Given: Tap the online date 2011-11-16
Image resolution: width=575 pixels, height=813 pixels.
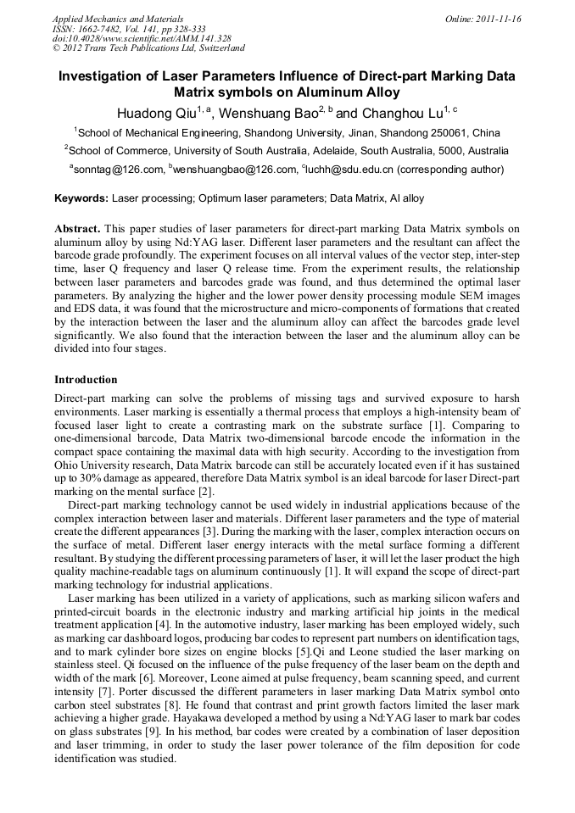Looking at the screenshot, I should click(x=497, y=19).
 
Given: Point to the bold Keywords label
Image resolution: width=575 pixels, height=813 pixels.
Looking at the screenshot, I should click(x=81, y=198).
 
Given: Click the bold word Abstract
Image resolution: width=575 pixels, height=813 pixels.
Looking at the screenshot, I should click(x=77, y=229).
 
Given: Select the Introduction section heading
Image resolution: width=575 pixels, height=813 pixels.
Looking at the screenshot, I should click(x=86, y=380).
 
